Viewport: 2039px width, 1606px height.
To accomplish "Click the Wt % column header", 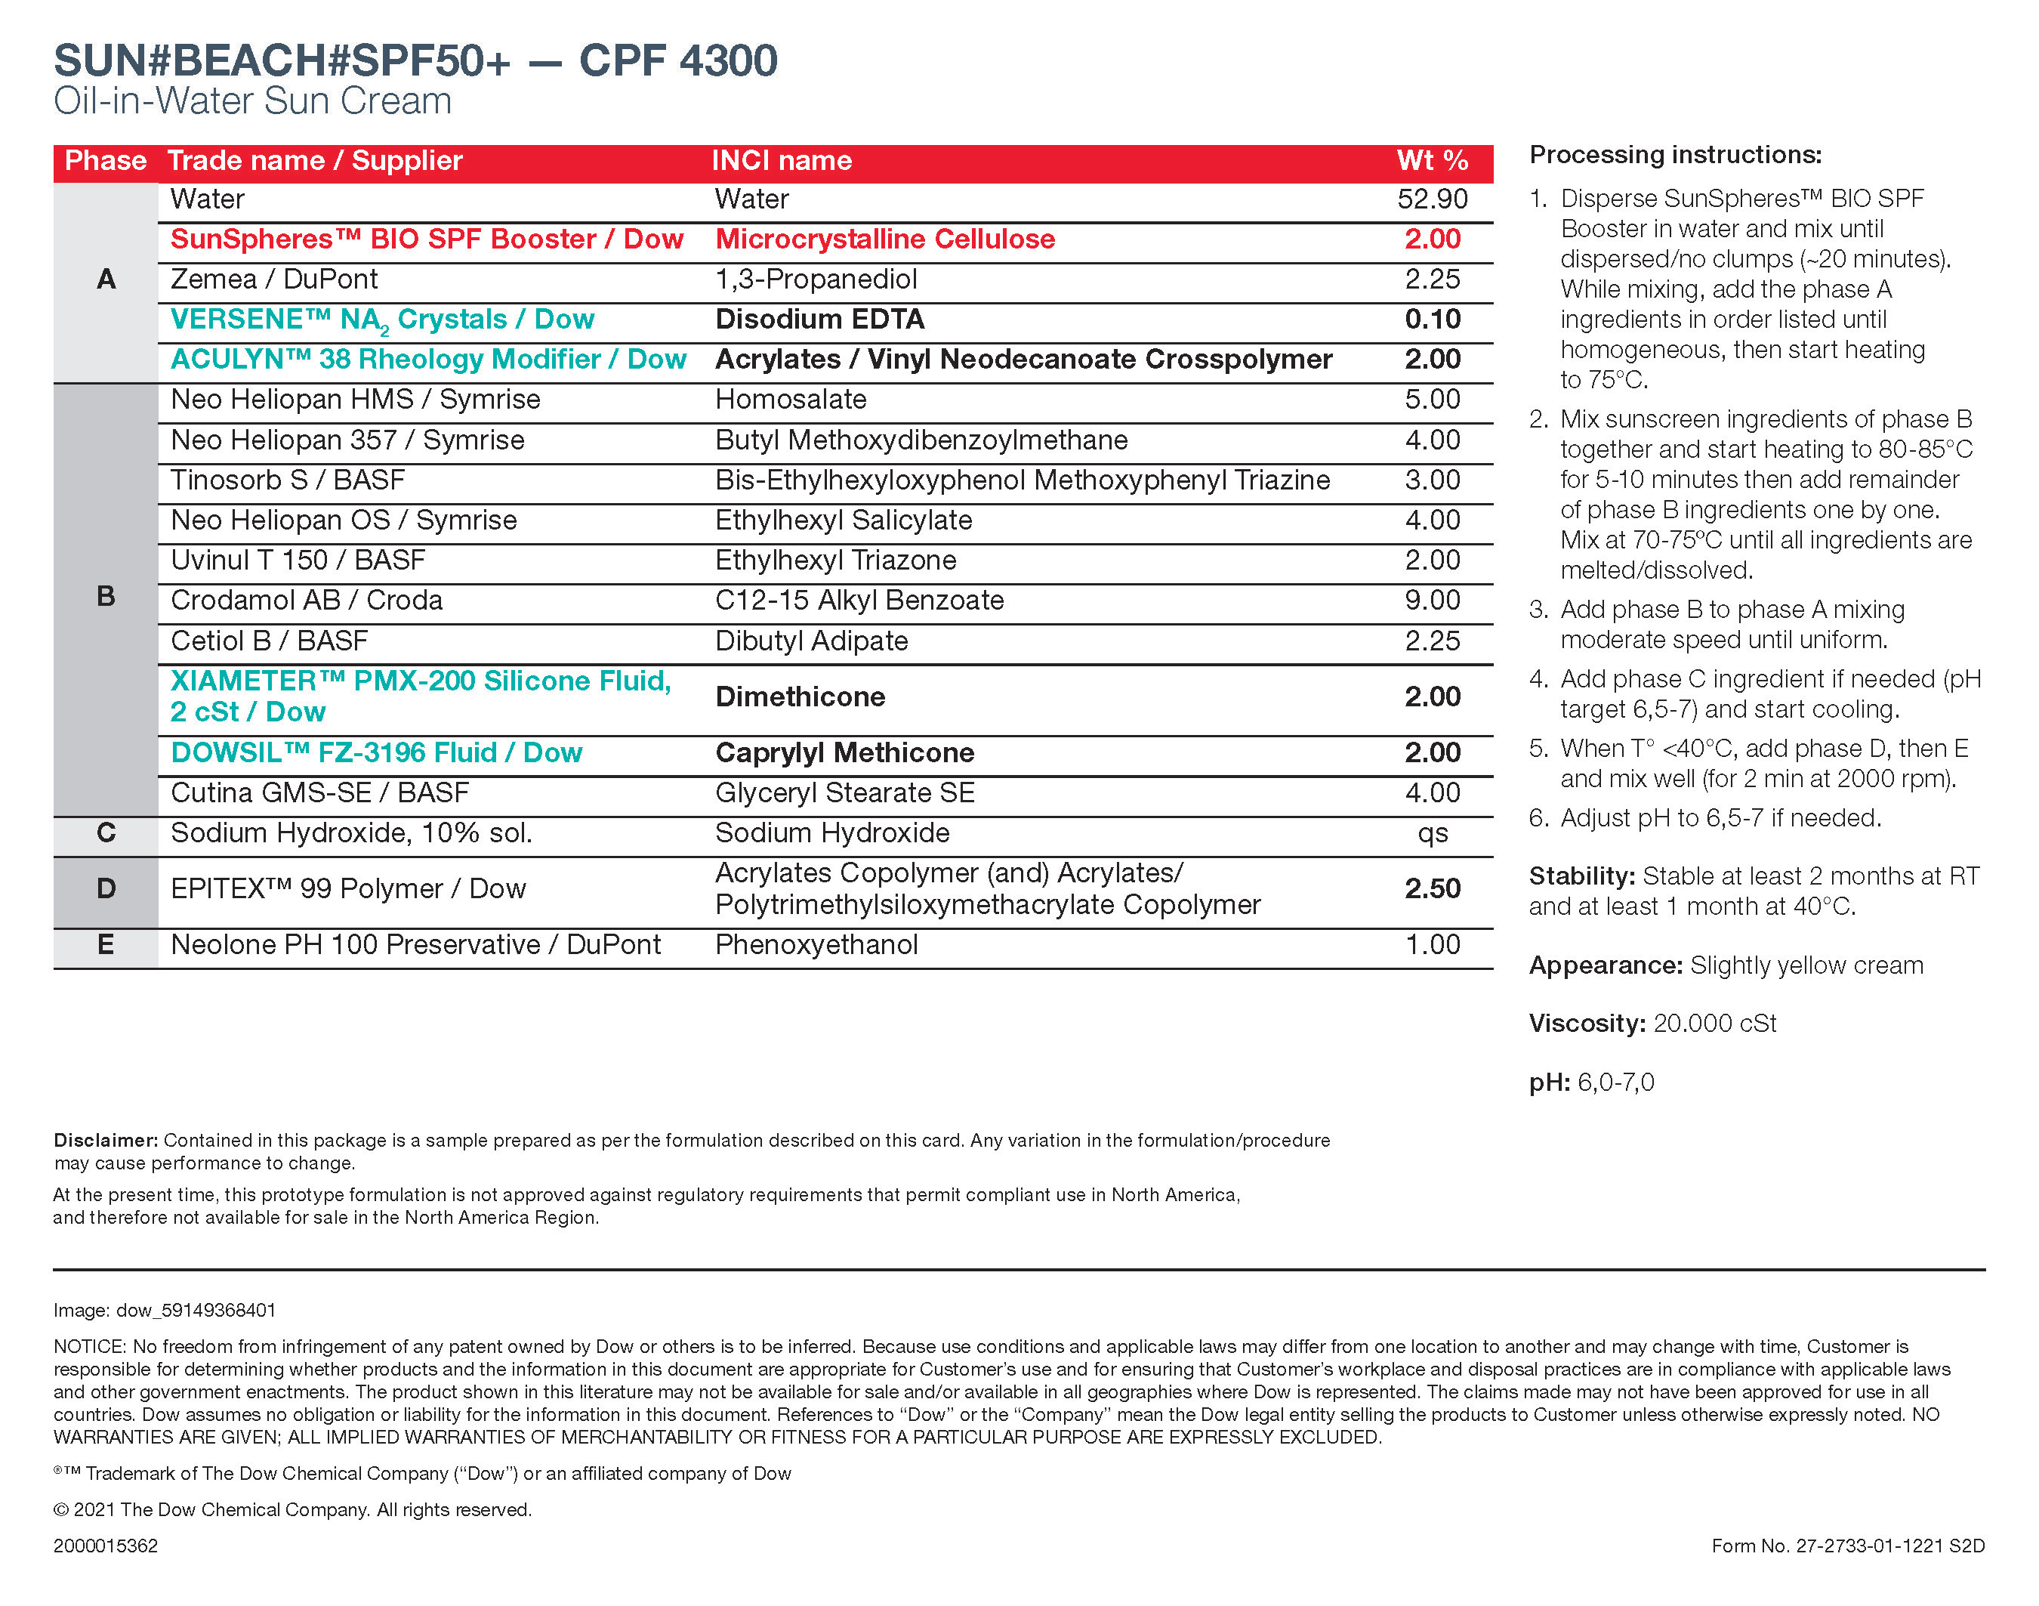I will click(x=1431, y=161).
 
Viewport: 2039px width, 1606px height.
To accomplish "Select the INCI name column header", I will click(x=781, y=161).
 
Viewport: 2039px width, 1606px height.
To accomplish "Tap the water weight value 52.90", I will click(x=1431, y=199).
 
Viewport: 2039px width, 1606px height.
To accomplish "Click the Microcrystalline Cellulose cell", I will click(x=884, y=239).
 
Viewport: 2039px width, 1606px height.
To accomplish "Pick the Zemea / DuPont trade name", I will click(x=273, y=280).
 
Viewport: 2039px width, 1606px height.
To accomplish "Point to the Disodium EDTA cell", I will click(x=819, y=320).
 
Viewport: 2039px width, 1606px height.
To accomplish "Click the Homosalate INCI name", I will click(x=791, y=400).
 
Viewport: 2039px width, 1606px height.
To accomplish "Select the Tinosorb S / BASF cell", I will click(x=288, y=480).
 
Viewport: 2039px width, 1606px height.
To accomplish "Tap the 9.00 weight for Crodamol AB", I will click(x=1432, y=601).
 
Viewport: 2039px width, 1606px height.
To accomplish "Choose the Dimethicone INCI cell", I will click(x=800, y=696).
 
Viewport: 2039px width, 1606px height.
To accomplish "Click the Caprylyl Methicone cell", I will click(x=844, y=753).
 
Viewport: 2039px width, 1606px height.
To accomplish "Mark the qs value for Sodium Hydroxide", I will click(x=1432, y=834).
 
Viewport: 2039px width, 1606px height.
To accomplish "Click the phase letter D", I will click(x=106, y=888).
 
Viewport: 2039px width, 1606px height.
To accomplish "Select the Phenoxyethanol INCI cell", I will click(x=816, y=945).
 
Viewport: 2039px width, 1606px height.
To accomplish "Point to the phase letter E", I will click(x=106, y=945).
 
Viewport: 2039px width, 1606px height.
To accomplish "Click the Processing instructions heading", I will click(x=1675, y=155).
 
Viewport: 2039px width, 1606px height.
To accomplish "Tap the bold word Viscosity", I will click(x=1586, y=1023).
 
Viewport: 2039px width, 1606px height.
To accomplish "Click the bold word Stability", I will click(x=1582, y=876).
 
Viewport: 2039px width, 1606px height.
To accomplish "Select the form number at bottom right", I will click(x=1847, y=1546).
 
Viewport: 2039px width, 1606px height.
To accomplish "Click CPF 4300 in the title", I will click(x=678, y=61).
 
